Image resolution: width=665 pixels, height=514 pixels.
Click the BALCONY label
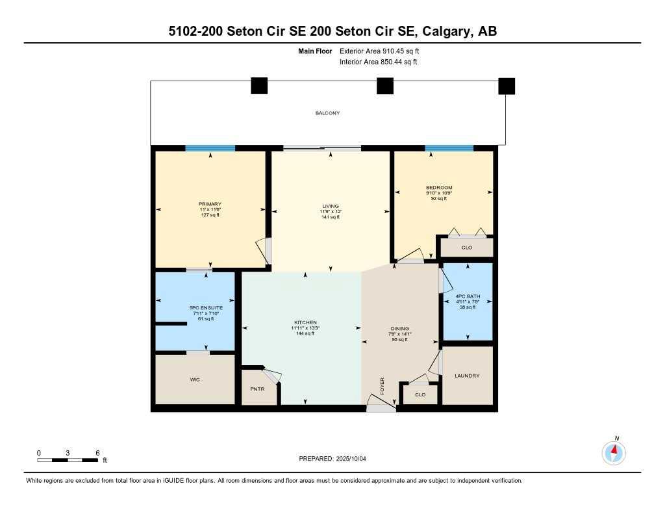327,113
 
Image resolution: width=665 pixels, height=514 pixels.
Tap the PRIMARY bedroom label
210,204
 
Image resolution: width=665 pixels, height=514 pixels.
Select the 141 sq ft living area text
331,217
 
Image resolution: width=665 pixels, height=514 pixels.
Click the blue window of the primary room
210,148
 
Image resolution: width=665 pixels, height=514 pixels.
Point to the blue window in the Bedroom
449,148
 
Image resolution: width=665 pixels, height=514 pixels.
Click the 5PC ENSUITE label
206,307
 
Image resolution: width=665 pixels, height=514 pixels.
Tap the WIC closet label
194,379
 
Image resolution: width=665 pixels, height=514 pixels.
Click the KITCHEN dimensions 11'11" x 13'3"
305,328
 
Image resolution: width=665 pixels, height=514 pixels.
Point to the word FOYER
383,385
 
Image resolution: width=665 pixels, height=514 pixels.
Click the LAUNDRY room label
467,376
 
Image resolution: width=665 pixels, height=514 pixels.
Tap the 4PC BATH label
467,296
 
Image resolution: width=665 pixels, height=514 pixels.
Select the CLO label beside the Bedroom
466,248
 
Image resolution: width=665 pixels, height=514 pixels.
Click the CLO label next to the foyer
420,394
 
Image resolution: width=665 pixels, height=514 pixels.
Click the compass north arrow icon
613,451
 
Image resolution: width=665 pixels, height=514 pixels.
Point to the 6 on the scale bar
97,452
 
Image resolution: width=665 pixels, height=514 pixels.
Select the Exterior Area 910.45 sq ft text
384,51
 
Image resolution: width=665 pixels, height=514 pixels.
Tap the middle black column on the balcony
385,86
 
